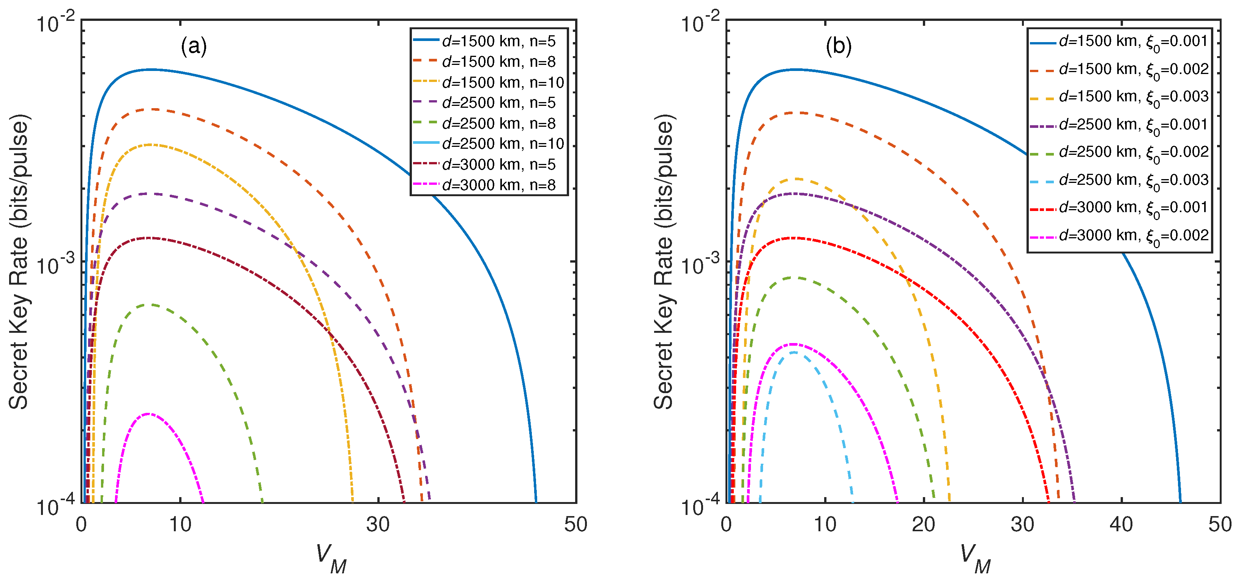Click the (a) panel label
pos(194,46)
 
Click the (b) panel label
pos(838,46)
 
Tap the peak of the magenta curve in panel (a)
pos(148,414)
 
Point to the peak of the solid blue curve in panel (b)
pos(796,69)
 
